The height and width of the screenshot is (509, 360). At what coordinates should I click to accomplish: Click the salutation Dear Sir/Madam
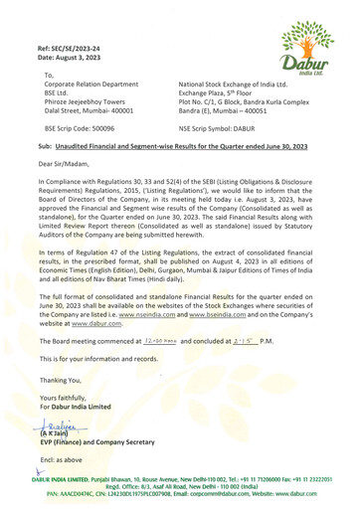62,168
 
